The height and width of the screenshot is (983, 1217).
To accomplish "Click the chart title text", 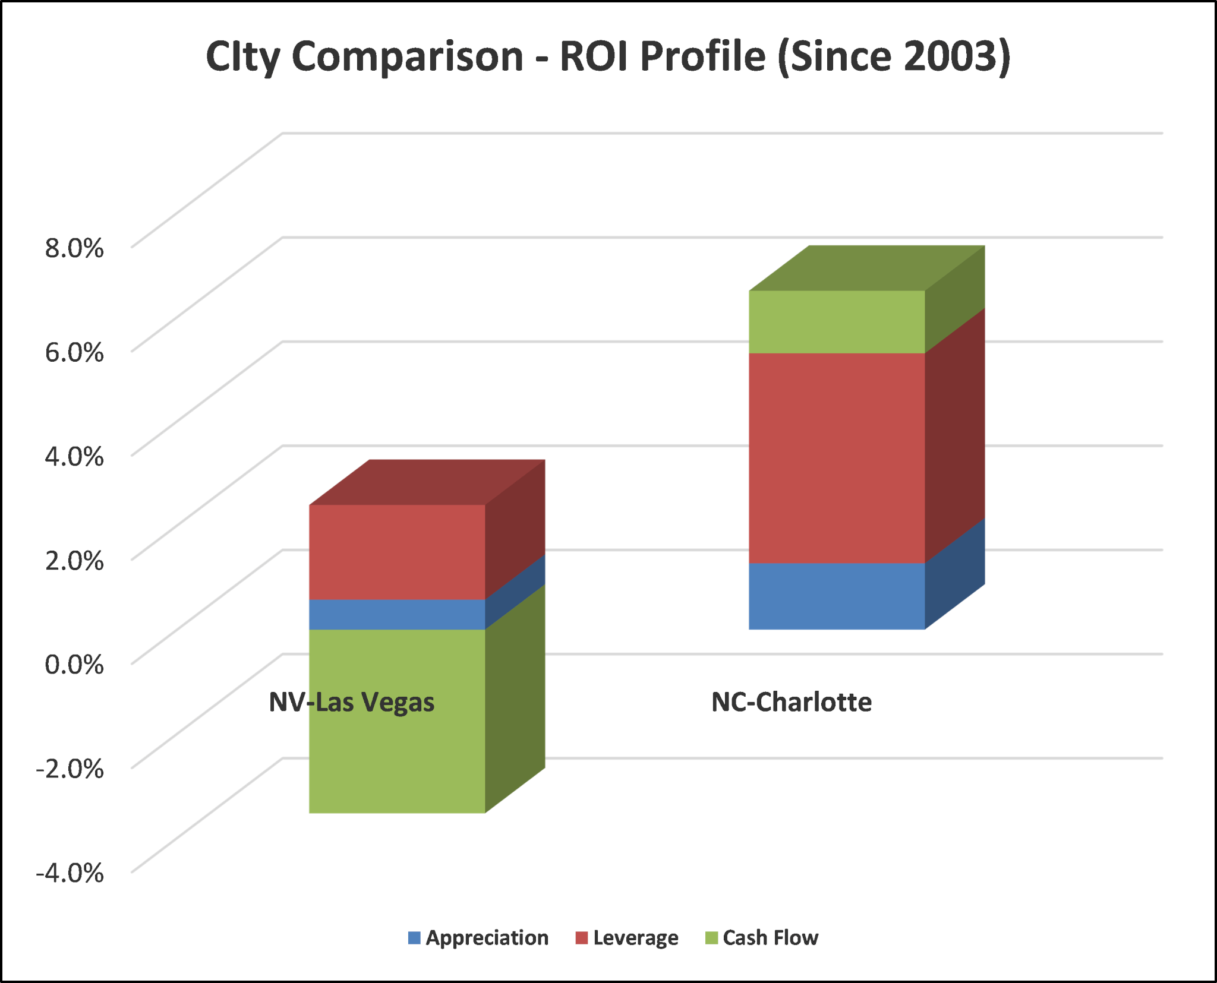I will (608, 57).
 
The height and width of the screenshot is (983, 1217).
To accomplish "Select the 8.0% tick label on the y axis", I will (74, 248).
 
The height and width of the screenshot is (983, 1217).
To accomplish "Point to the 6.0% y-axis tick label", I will (74, 352).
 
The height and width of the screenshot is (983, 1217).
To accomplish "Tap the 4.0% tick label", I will (74, 456).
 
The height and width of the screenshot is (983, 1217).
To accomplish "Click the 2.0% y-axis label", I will (74, 560).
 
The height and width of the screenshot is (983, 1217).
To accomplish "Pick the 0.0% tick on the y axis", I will (74, 664).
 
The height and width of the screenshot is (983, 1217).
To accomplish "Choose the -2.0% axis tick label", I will (70, 769).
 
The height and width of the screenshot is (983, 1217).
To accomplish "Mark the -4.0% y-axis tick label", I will (70, 873).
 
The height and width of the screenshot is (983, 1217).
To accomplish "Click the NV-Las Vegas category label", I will (352, 702).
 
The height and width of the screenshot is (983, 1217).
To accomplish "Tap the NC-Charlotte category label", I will (792, 702).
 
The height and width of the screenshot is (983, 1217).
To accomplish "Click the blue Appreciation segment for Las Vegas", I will (397, 614).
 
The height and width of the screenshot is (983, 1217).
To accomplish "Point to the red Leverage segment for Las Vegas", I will (397, 552).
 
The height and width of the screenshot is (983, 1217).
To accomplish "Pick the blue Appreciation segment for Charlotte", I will (837, 596).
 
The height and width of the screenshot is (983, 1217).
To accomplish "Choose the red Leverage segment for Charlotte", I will (837, 457).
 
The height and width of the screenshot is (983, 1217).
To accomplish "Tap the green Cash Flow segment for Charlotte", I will (837, 322).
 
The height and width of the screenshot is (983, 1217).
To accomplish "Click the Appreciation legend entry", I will (478, 938).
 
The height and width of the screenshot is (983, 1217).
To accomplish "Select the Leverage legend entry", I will (627, 938).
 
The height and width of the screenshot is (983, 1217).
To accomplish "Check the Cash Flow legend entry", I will (762, 938).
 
